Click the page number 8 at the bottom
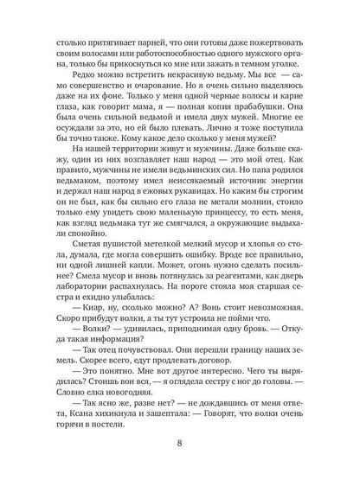(180, 446)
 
